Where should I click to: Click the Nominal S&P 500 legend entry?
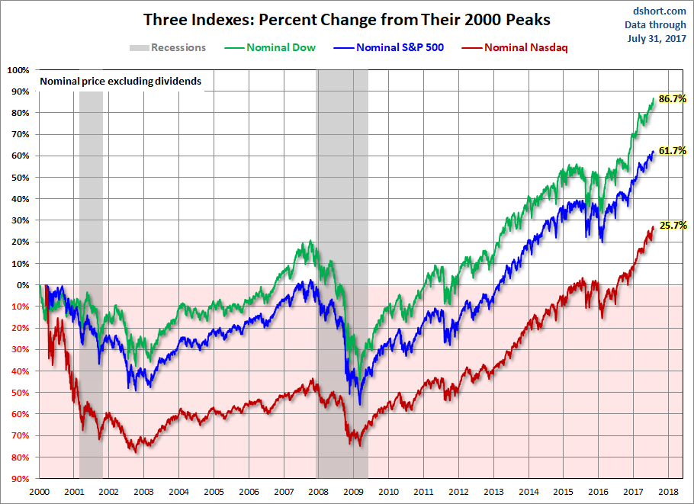pos(390,47)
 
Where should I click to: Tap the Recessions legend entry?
pos(168,47)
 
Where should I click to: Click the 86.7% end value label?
pos(673,99)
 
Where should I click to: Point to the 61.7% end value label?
pos(673,151)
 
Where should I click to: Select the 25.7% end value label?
pos(673,226)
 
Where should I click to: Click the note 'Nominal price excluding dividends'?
pos(120,80)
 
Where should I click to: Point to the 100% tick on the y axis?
pos(18,70)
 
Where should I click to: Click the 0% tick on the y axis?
pos(23,285)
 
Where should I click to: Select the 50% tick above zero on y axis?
pos(21,178)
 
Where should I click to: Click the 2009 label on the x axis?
pos(353,492)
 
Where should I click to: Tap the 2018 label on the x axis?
pos(668,492)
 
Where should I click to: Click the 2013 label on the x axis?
pos(493,492)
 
